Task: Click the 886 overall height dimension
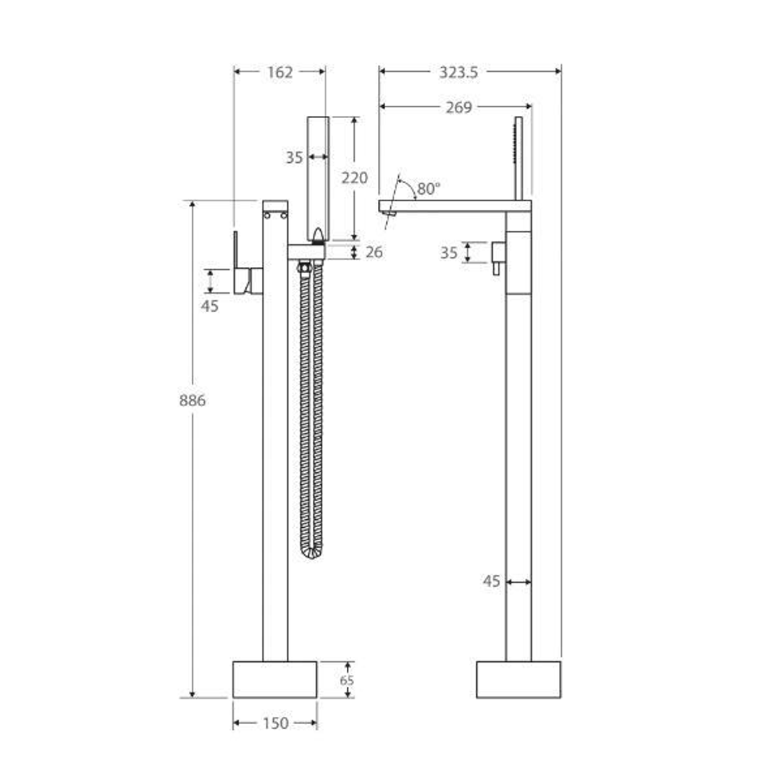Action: coord(193,400)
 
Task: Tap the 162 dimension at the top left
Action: coord(279,72)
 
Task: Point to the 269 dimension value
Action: coord(458,107)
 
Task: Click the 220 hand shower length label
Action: coord(355,177)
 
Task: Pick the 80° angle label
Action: coord(428,189)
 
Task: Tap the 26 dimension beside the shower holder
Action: coord(374,252)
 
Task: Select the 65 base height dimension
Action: coord(348,680)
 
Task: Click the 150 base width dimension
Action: coord(275,723)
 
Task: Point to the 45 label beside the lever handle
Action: coord(209,306)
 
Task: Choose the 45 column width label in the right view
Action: coord(492,581)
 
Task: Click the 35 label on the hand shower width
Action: coord(294,157)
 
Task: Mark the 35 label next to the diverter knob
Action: coord(449,253)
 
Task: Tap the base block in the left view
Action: coord(274,679)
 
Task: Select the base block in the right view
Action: coord(518,679)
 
